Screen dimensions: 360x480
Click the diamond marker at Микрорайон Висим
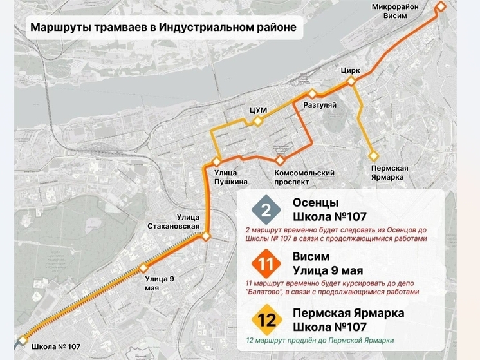coord(441,6)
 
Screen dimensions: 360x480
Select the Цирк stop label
coord(351,70)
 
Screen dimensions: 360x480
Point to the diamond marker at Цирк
coord(351,81)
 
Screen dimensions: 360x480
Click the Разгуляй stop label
coord(320,104)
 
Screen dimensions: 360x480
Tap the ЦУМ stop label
coord(257,110)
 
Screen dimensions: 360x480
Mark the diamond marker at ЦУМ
coord(257,121)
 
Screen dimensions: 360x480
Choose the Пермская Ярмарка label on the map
coord(390,172)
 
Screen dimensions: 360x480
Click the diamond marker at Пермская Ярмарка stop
coord(373,155)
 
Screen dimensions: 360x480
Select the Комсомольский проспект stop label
coord(304,177)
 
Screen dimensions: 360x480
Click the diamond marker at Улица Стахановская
coord(206,236)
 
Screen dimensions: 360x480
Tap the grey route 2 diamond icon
coord(266,209)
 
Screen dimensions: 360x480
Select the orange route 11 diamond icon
coord(266,265)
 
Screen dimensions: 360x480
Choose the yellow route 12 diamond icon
coord(266,319)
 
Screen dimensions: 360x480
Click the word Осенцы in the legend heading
coord(315,202)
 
